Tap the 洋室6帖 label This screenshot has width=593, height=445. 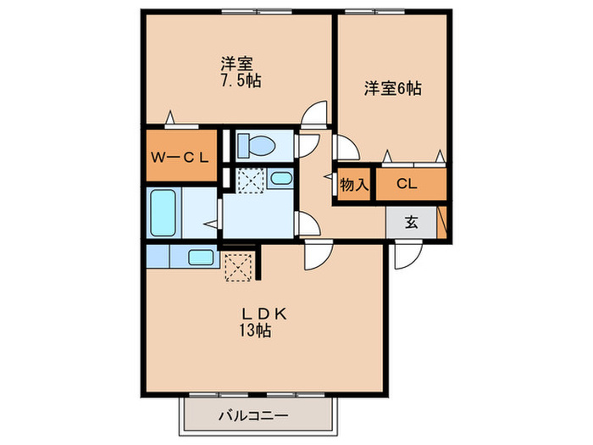click(394, 87)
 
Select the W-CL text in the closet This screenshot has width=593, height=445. click(180, 156)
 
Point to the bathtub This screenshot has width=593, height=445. click(163, 214)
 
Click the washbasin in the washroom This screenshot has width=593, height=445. click(280, 178)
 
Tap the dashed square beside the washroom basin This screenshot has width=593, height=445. click(249, 181)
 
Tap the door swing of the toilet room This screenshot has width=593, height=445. click(307, 143)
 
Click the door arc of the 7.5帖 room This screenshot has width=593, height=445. click(315, 113)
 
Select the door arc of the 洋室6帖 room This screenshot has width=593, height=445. click(346, 147)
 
